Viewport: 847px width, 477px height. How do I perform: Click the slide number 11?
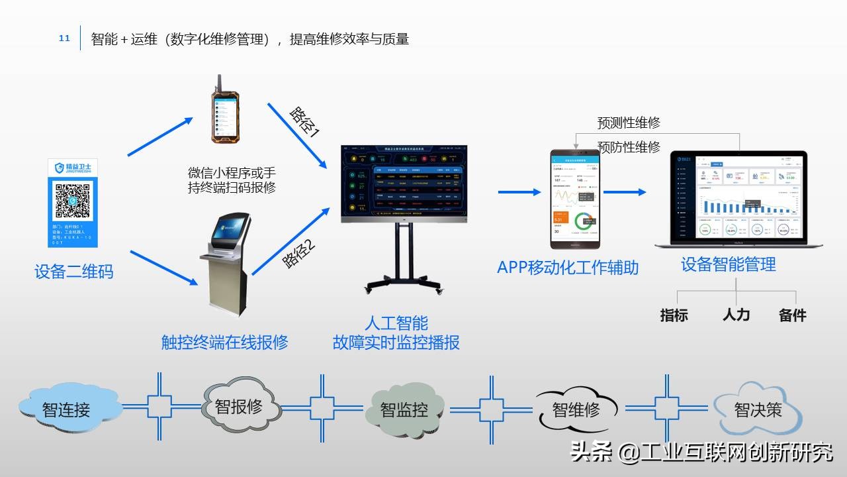coord(64,38)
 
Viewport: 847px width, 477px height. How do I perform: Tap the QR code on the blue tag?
coord(72,201)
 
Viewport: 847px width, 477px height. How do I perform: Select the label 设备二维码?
coord(73,272)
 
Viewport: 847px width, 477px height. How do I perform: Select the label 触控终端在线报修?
coord(225,342)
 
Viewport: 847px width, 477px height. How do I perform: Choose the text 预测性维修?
coord(629,123)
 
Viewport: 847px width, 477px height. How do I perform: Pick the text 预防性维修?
coord(629,147)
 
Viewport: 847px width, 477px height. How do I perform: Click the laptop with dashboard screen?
coord(738,199)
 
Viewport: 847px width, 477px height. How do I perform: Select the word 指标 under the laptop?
coord(674,315)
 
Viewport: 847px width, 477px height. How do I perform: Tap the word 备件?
coord(792,315)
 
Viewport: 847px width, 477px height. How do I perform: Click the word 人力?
coord(736,314)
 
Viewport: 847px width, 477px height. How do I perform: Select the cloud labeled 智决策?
coord(758,409)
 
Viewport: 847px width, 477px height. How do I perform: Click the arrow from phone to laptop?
coord(625,192)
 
